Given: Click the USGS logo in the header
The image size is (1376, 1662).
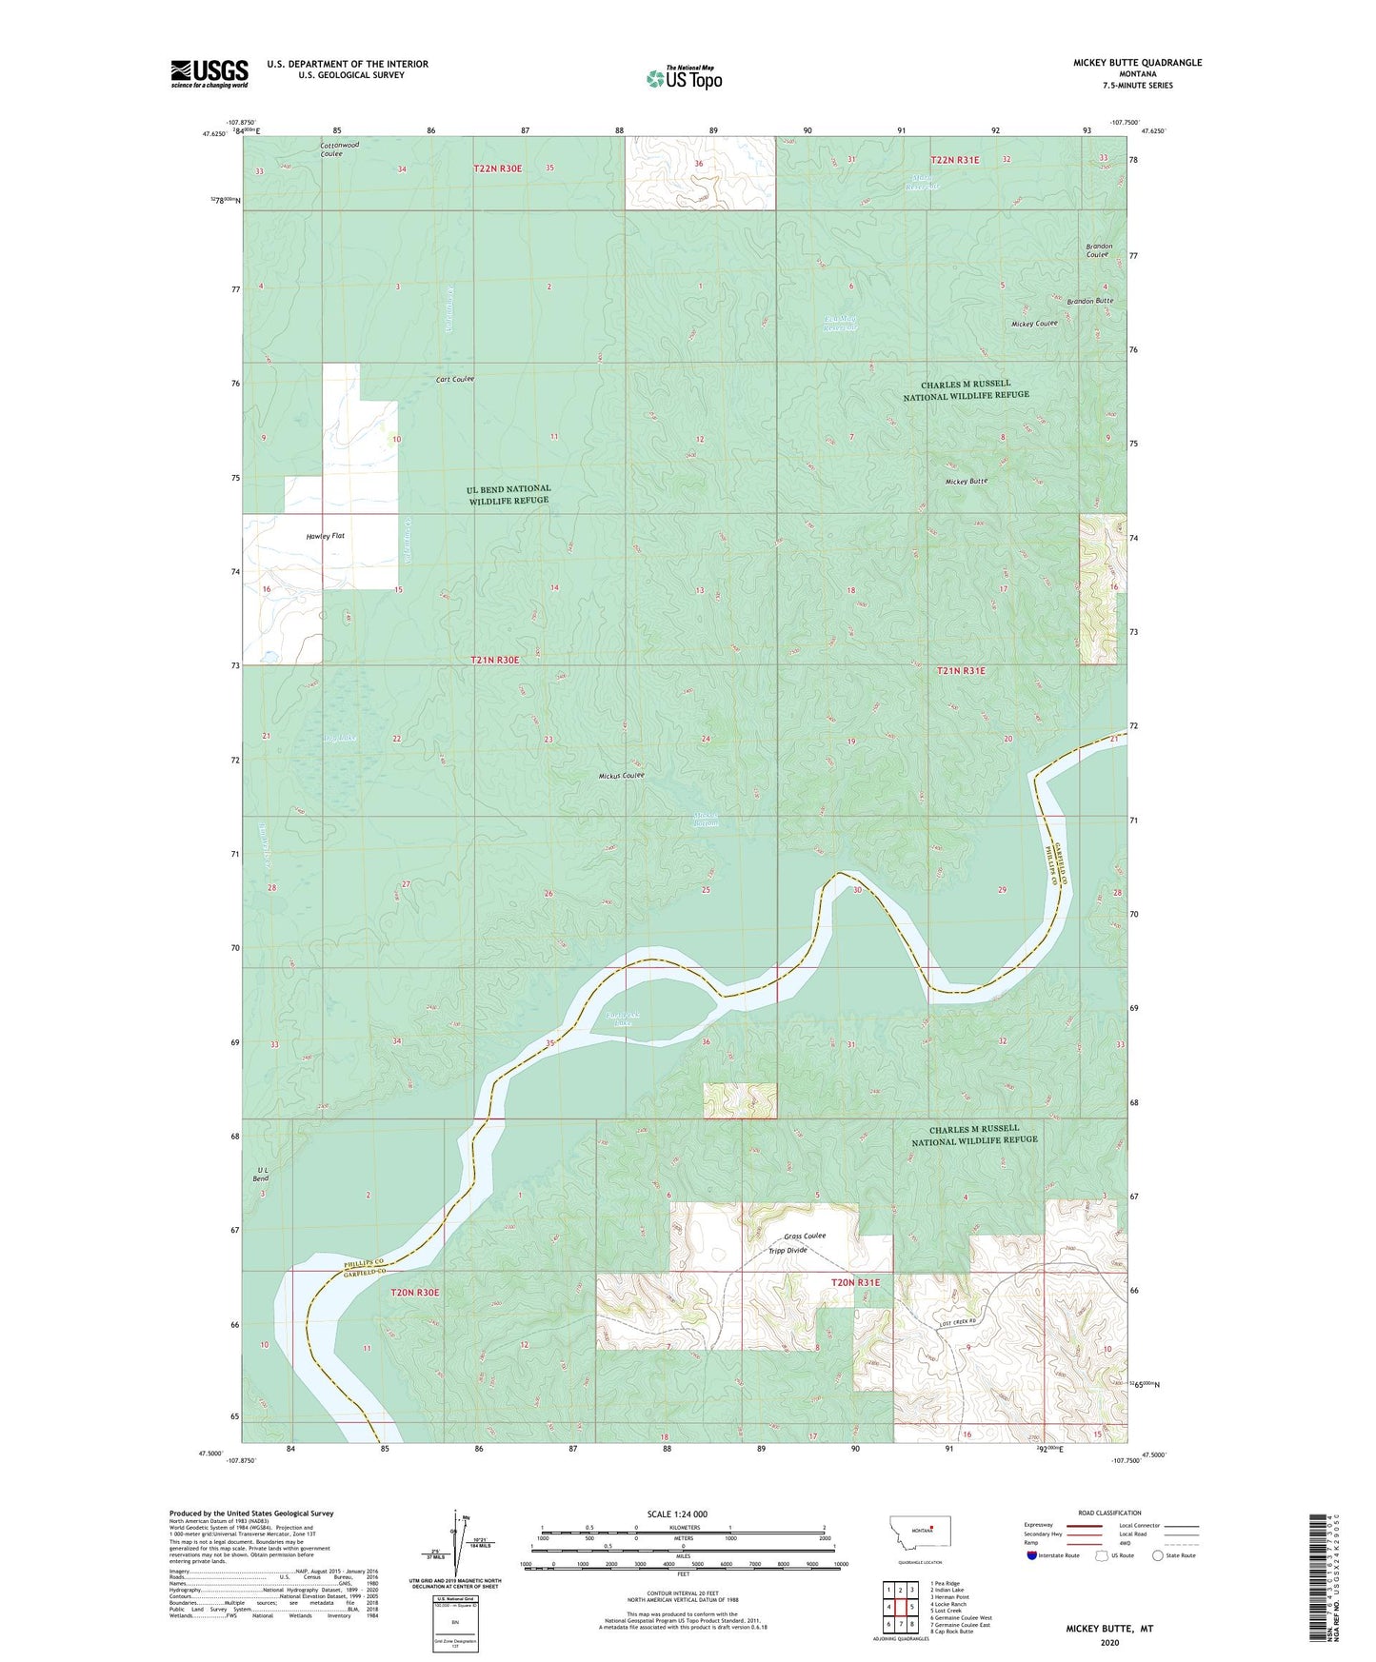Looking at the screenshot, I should pyautogui.click(x=209, y=73).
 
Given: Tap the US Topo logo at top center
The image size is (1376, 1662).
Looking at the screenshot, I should pyautogui.click(x=684, y=78).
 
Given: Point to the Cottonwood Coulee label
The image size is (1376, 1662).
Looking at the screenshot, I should pyautogui.click(x=339, y=149).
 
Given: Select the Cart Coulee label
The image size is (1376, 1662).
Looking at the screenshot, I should pyautogui.click(x=455, y=379).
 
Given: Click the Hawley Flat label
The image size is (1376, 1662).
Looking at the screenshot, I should pyautogui.click(x=326, y=536).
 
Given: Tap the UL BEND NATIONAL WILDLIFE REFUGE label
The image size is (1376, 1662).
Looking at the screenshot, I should pyautogui.click(x=509, y=494).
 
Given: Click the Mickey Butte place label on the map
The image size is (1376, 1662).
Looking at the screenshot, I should pyautogui.click(x=966, y=482).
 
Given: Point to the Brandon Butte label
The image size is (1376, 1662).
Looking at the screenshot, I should pyautogui.click(x=1090, y=301).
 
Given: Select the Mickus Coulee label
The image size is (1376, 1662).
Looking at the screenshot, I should pyautogui.click(x=622, y=776).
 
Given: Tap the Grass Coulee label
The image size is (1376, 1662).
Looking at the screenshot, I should pyautogui.click(x=805, y=1236).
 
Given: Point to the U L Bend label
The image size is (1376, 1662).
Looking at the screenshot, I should pyautogui.click(x=261, y=1174).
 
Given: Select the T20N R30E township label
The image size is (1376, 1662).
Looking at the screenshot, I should pyautogui.click(x=415, y=1293).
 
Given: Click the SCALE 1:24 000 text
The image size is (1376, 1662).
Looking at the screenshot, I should pyautogui.click(x=677, y=1514).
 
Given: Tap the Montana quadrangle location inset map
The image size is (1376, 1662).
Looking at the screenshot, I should pyautogui.click(x=919, y=1532).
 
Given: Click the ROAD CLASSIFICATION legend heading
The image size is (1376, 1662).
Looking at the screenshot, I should pyautogui.click(x=1109, y=1513).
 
